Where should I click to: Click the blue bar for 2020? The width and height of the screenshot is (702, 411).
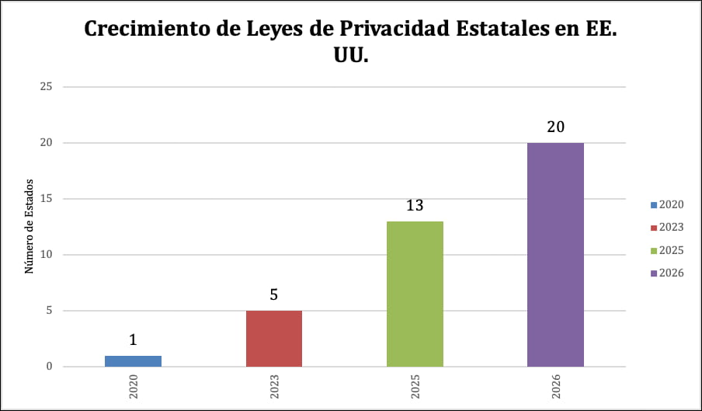click(x=133, y=361)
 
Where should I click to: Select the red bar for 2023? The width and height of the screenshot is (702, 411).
click(x=274, y=338)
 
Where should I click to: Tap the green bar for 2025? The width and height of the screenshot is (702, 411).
click(x=415, y=294)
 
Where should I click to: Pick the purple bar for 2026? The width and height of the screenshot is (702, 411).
click(x=555, y=255)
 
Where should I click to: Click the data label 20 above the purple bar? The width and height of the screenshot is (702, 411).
click(x=555, y=127)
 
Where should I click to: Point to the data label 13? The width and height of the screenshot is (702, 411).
click(x=415, y=206)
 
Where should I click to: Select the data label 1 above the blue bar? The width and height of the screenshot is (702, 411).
click(x=133, y=340)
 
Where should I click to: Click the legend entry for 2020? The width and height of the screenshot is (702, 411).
click(x=666, y=204)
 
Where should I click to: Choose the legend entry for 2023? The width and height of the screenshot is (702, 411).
click(x=666, y=227)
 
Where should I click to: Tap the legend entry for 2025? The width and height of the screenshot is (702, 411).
click(x=666, y=250)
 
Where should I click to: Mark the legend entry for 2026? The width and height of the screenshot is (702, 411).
click(x=666, y=273)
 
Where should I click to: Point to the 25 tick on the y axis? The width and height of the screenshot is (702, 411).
click(x=46, y=86)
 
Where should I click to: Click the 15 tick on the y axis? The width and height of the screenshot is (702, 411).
click(x=46, y=198)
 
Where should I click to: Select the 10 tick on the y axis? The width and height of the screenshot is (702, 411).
click(x=46, y=255)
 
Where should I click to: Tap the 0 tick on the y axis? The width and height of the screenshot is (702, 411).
click(x=48, y=367)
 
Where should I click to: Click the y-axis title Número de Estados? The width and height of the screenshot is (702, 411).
click(x=29, y=227)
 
